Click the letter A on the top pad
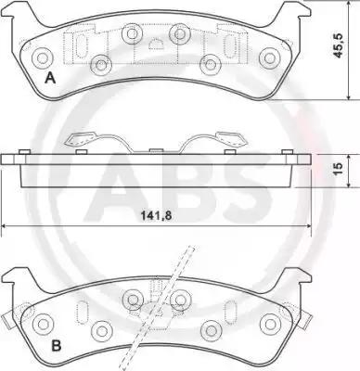click(50, 78)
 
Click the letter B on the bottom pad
click(56, 345)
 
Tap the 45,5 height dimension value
click(339, 45)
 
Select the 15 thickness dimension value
click(339, 168)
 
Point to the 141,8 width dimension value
click(156, 216)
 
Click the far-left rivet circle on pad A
click(42, 58)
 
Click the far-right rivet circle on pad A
click(270, 58)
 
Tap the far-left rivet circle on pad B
click(43, 324)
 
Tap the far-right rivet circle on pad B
click(270, 324)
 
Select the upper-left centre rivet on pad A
click(132, 33)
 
